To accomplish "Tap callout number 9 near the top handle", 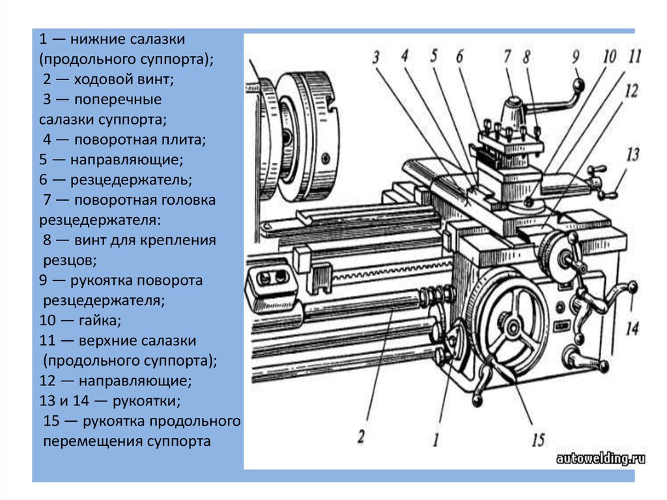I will pos(575,57).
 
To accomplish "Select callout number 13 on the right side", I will pos(632,155).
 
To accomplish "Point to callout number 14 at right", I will pos(631,328).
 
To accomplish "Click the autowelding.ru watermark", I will pos(600,459).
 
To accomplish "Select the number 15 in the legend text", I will pos(51,421).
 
